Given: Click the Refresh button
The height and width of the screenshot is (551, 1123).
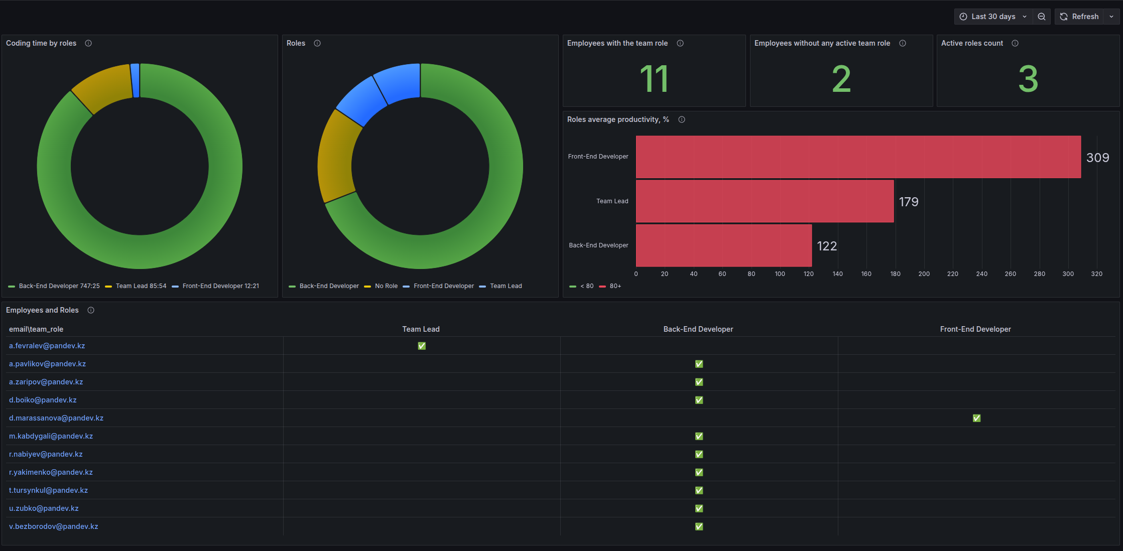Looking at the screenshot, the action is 1079,17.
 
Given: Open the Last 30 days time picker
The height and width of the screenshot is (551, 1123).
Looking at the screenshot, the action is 993,17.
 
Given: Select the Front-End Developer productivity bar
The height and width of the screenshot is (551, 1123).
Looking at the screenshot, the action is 858,157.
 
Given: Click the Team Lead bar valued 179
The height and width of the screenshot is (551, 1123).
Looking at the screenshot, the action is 765,201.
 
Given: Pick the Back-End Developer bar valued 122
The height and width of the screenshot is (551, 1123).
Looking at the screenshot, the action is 723,245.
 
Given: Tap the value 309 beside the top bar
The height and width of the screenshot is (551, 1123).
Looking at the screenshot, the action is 1097,158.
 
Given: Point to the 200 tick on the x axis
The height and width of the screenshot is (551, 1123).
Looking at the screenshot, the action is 924,274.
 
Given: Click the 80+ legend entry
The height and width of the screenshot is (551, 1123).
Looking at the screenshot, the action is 610,286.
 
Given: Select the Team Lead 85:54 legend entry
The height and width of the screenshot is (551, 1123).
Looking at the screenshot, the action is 136,286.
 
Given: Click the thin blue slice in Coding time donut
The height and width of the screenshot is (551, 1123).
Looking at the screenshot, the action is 135,80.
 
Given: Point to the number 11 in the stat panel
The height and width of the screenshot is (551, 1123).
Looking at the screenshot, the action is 654,79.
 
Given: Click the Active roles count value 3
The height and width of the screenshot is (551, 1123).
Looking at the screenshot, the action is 1028,79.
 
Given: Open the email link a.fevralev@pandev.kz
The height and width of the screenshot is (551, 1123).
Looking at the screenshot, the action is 47,346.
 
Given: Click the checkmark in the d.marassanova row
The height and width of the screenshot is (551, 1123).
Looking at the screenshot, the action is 976,418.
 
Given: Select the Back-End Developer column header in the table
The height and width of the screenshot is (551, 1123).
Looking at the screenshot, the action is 698,329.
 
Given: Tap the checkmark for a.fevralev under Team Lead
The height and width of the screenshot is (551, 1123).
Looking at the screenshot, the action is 422,346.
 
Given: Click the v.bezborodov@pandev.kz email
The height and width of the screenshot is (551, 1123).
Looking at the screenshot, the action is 54,526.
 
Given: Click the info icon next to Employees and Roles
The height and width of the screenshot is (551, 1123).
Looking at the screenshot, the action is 91,310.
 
